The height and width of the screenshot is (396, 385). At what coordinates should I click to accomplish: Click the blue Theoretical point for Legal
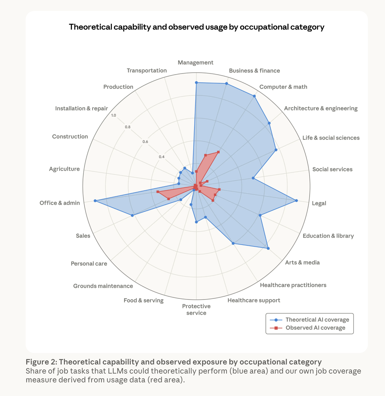(x=296, y=200)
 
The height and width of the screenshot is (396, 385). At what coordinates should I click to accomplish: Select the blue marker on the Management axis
(x=196, y=83)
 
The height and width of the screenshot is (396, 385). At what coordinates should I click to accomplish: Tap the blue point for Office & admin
(x=95, y=201)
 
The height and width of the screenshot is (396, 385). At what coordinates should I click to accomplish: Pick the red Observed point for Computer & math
(x=218, y=152)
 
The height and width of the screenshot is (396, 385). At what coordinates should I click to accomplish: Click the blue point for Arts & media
(x=268, y=248)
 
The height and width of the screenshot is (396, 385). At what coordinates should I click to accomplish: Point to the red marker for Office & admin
(x=158, y=192)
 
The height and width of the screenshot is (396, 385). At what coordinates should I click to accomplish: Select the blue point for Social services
(x=253, y=178)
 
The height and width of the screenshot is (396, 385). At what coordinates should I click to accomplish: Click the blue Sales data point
(x=132, y=215)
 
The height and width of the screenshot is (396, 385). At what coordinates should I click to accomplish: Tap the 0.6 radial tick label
(x=145, y=142)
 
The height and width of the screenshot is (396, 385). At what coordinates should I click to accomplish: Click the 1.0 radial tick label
(x=114, y=115)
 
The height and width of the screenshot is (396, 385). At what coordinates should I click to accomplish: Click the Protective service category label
(x=196, y=309)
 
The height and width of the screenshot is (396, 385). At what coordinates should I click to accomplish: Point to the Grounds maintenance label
(x=103, y=286)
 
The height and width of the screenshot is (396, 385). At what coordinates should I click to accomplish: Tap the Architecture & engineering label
(x=321, y=108)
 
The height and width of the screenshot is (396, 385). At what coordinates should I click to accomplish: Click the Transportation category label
(x=147, y=70)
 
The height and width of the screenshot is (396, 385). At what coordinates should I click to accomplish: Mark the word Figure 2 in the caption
(x=41, y=362)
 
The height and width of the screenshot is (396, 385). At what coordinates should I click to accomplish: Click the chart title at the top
(x=197, y=27)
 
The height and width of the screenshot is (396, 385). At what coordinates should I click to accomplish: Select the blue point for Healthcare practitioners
(x=233, y=243)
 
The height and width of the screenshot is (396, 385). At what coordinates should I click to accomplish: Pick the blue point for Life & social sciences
(x=276, y=150)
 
